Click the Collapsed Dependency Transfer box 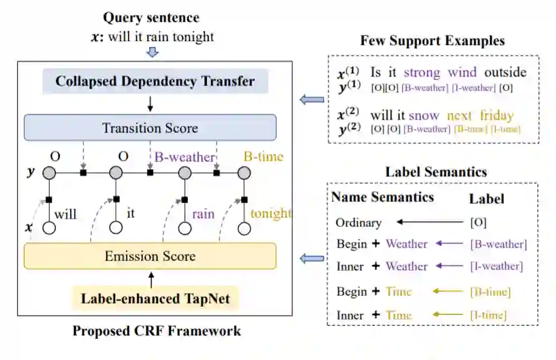155,82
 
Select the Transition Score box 150,128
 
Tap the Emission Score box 150,256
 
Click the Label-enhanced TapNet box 150,298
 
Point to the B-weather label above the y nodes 181,157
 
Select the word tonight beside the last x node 271,213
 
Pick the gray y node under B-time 244,173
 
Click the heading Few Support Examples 432,40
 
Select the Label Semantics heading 436,172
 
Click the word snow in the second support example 424,116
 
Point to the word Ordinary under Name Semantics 359,223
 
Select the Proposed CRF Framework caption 156,331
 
